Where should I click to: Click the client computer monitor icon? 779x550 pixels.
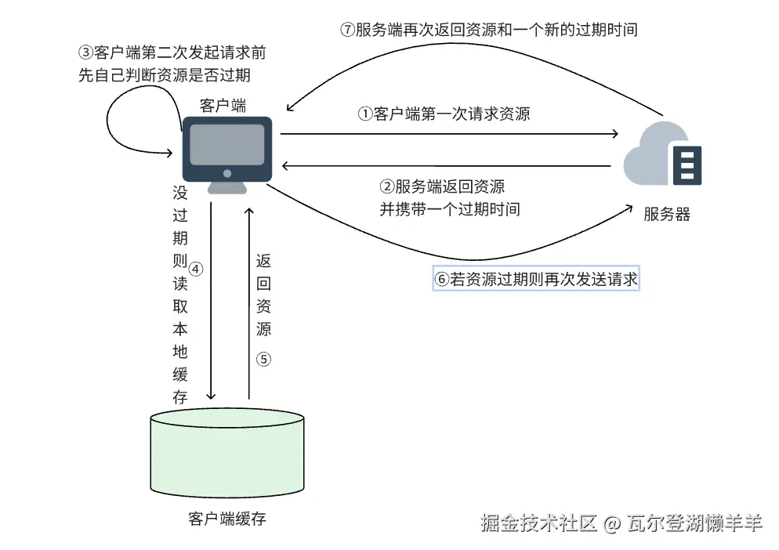pyautogui.click(x=227, y=149)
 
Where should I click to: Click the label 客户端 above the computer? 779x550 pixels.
pyautogui.click(x=223, y=106)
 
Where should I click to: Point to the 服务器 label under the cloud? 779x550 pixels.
pyautogui.click(x=667, y=214)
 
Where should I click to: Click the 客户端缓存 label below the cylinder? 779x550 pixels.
pyautogui.click(x=227, y=519)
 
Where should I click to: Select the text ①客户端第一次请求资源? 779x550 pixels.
pyautogui.click(x=444, y=114)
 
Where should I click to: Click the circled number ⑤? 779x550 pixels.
pyautogui.click(x=263, y=360)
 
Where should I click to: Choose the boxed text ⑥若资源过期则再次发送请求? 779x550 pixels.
pyautogui.click(x=537, y=279)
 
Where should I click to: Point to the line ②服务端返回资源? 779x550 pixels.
pyautogui.click(x=442, y=186)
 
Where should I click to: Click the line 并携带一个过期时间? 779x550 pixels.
pyautogui.click(x=450, y=209)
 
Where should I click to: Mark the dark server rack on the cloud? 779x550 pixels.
pyautogui.click(x=687, y=165)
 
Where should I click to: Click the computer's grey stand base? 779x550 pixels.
pyautogui.click(x=227, y=188)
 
